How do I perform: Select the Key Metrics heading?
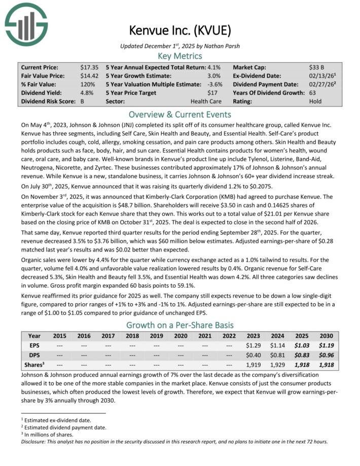pyautogui.click(x=180, y=56)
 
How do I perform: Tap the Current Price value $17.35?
pyautogui.click(x=89, y=67)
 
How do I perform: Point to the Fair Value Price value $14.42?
pyautogui.click(x=89, y=76)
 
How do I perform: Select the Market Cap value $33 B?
pyautogui.click(x=317, y=67)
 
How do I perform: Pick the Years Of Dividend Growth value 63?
pyautogui.click(x=313, y=93)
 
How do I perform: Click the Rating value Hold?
pyautogui.click(x=315, y=101)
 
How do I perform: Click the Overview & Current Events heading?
pyautogui.click(x=180, y=114)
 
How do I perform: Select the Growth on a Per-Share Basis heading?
pyautogui.click(x=180, y=325)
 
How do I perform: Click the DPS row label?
pyautogui.click(x=34, y=354)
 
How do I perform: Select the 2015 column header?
pyautogui.click(x=60, y=336)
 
